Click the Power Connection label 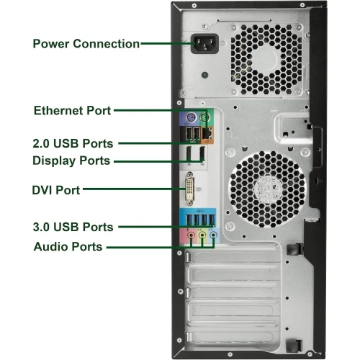click(86, 44)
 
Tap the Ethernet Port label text click(72, 111)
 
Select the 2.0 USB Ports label click(73, 143)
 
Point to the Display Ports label click(71, 161)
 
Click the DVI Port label click(56, 190)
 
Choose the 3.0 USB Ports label click(73, 227)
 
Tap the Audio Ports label click(68, 247)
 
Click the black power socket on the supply click(204, 43)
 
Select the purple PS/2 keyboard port click(191, 118)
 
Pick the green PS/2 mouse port click(204, 118)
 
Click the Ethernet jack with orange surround click(207, 133)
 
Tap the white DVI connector click(189, 189)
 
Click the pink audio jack click(191, 235)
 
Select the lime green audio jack click(202, 235)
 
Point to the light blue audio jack click(213, 235)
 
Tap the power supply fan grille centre click(266, 59)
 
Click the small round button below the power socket click(204, 75)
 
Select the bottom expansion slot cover click(233, 336)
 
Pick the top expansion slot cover click(233, 257)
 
